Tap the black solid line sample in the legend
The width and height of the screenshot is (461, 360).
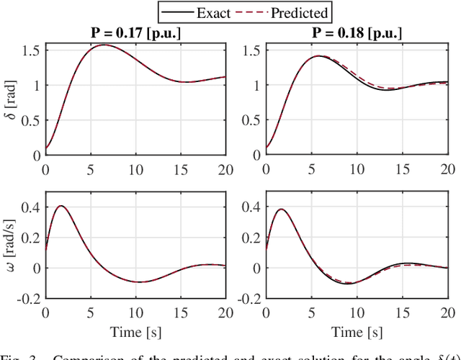click(x=176, y=12)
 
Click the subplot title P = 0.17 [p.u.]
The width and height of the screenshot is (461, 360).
click(x=135, y=33)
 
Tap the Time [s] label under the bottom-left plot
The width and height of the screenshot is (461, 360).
click(x=135, y=333)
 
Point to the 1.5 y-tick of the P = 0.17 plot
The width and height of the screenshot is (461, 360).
click(x=30, y=50)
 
